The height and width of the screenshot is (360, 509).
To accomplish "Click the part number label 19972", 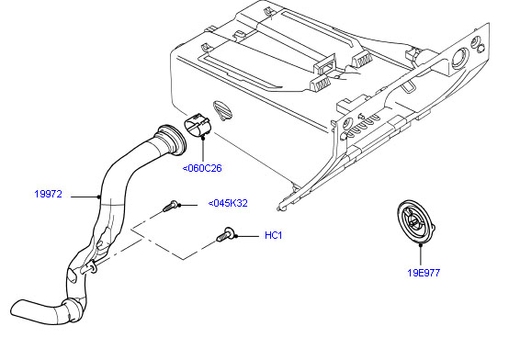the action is (48, 194).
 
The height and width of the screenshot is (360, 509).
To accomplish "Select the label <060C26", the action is (202, 168).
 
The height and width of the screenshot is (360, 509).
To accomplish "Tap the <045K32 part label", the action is (228, 203).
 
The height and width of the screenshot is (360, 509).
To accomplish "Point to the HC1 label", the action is (273, 235).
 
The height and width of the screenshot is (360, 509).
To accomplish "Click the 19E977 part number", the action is (424, 273).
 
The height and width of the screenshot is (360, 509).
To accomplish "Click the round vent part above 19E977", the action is (415, 222).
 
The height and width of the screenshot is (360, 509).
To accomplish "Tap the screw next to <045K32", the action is (170, 206).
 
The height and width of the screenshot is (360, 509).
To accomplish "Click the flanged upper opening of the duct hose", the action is (172, 139).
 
